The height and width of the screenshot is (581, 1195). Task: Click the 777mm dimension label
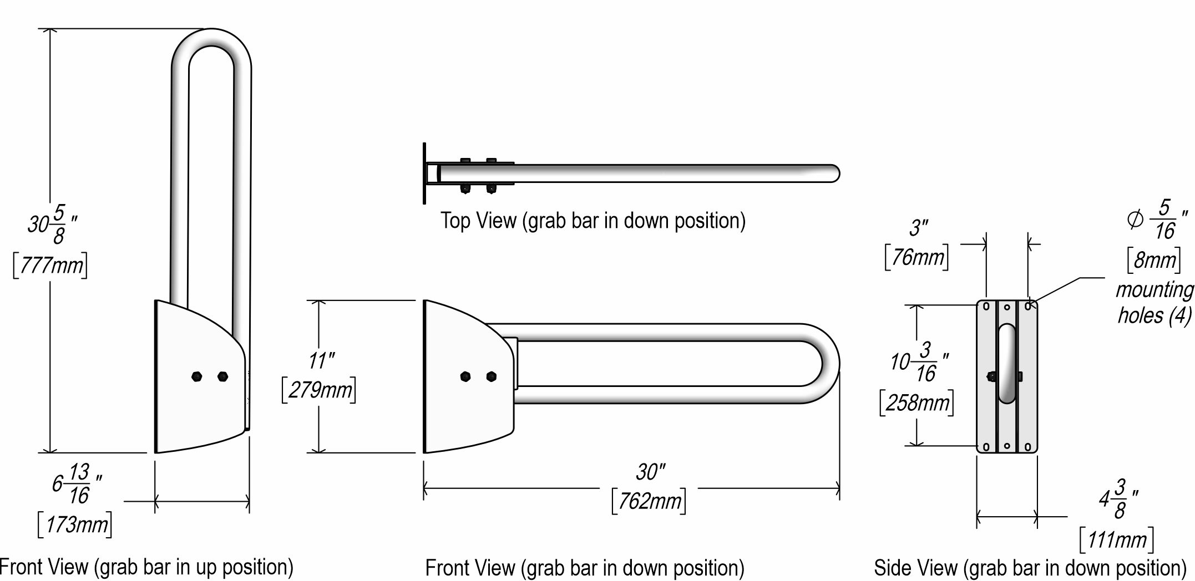coord(50,267)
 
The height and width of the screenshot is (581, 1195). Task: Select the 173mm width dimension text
coord(75,524)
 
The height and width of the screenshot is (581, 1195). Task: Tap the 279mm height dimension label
coord(319,390)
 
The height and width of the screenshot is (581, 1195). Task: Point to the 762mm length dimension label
coord(649,501)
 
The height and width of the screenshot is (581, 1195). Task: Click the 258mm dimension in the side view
coord(917,402)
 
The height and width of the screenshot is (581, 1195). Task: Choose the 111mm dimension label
coord(1117,539)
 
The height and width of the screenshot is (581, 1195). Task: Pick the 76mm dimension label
coord(916,257)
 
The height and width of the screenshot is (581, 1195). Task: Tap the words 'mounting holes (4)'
coord(1154,303)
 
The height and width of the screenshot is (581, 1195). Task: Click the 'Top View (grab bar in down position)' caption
coord(593,221)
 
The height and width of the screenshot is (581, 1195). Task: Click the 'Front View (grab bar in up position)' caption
coord(146,567)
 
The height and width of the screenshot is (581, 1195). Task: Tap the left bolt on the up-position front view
coord(197,376)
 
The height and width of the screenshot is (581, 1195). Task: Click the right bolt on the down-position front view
coord(491,377)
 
